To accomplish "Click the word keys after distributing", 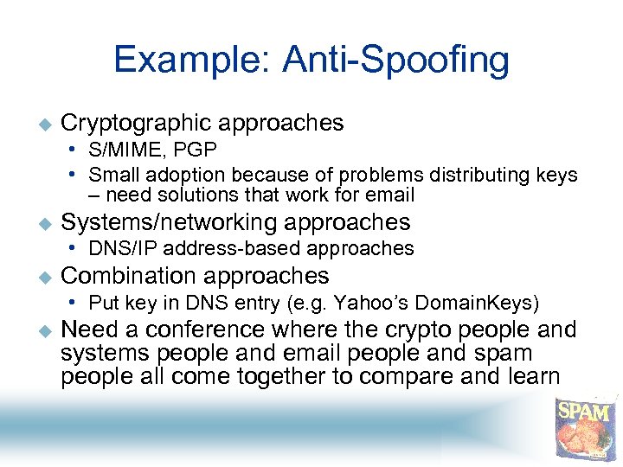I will tap(554, 175).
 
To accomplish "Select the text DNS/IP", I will tap(121, 249).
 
